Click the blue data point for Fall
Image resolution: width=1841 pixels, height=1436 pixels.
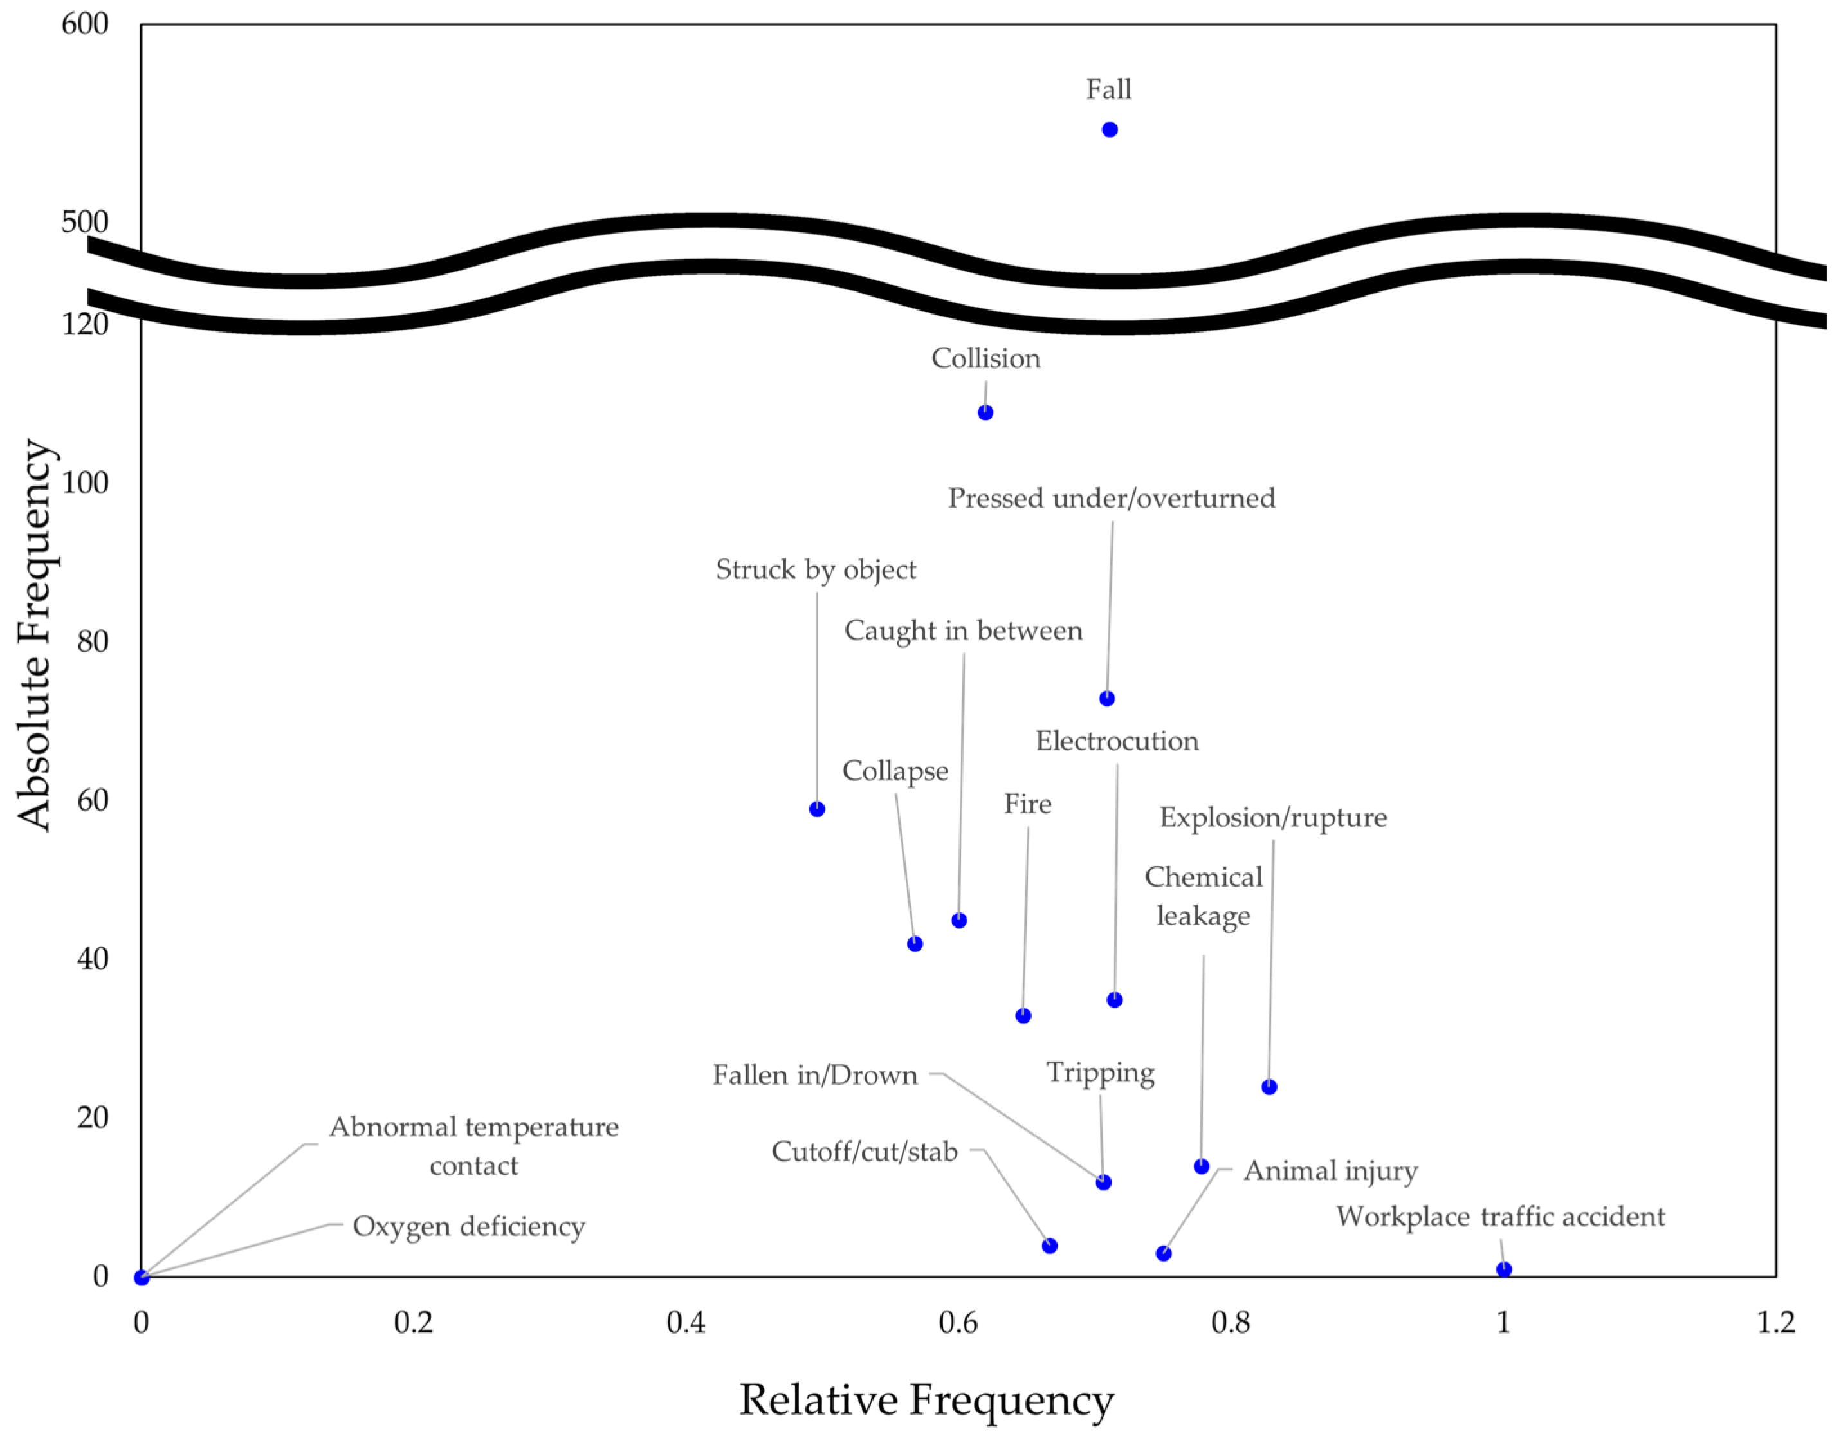pos(1110,130)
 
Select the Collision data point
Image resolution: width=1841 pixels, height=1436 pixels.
pos(985,412)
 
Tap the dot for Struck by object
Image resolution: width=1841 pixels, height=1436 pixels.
pos(817,809)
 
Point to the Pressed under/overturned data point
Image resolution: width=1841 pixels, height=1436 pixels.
pos(1107,698)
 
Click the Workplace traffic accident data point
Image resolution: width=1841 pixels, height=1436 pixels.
pos(1504,1269)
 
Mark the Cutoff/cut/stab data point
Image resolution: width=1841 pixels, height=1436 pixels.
pos(1049,1246)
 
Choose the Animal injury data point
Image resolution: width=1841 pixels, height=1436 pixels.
pos(1163,1254)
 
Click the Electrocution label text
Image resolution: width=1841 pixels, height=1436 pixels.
pos(1117,741)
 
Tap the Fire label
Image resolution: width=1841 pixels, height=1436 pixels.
pos(1027,804)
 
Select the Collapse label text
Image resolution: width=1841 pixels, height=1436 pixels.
pos(895,771)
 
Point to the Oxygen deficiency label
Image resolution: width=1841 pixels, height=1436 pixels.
pos(469,1226)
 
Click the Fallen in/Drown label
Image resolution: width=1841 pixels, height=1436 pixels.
pos(815,1075)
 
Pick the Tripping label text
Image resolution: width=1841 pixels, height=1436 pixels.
pos(1101,1072)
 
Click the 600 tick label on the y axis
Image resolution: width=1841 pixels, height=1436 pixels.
pos(85,24)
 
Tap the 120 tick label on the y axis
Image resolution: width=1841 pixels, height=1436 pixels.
pos(85,324)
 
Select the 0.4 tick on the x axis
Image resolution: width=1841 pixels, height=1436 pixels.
pos(686,1322)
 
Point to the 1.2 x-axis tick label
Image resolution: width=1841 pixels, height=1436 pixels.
pos(1776,1322)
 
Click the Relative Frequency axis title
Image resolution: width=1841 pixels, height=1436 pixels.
pos(926,1400)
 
